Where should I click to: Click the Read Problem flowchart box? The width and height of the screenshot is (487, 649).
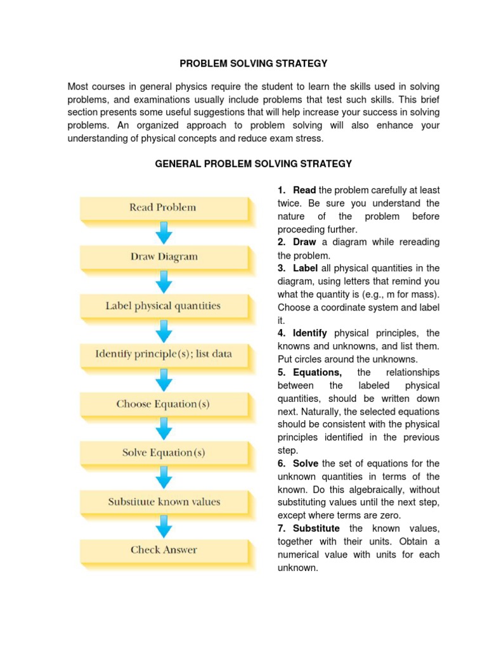[164, 207]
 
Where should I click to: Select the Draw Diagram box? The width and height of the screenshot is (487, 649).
[164, 257]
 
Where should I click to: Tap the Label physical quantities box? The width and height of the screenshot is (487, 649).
[164, 306]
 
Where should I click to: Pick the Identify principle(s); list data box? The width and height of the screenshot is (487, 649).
[164, 354]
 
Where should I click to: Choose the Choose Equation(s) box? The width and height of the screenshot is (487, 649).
[164, 404]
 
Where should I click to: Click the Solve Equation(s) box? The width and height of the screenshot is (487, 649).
[164, 453]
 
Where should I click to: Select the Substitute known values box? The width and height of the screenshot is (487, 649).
[164, 501]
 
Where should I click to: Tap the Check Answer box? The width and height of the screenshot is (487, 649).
[164, 549]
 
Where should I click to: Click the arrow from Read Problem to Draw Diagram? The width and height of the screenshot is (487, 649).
[164, 232]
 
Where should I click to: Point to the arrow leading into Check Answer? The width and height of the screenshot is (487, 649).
[164, 526]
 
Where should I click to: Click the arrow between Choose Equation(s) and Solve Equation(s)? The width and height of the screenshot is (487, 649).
[164, 428]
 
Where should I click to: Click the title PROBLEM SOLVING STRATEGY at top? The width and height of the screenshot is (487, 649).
[254, 63]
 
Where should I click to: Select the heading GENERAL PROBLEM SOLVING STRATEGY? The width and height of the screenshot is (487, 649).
[254, 164]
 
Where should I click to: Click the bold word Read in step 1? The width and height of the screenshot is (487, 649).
[304, 190]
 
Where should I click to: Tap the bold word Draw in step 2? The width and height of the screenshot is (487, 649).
[306, 242]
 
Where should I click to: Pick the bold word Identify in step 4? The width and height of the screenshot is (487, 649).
[310, 333]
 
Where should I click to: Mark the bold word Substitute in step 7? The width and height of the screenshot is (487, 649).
[316, 528]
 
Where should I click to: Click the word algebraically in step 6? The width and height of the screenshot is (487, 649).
[372, 489]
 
